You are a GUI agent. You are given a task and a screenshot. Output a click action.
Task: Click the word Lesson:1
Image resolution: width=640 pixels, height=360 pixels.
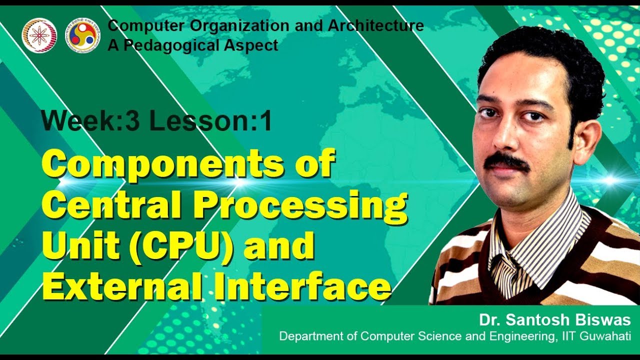point(210,121)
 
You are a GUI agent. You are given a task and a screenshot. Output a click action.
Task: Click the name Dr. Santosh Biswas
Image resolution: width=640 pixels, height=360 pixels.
point(554,320)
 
